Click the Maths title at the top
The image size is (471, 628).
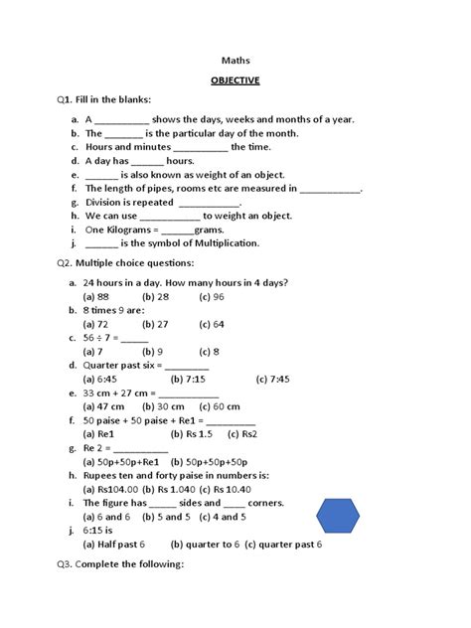[235, 59]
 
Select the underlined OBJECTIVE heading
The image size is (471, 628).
[235, 79]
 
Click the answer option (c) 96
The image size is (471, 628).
[212, 296]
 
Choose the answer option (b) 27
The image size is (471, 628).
[155, 324]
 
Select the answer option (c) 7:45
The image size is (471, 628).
[272, 379]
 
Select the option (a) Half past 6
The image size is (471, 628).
[114, 545]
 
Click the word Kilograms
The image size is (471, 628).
[122, 229]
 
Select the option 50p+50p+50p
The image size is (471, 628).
[210, 462]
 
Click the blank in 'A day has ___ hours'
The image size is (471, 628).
[146, 160]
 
